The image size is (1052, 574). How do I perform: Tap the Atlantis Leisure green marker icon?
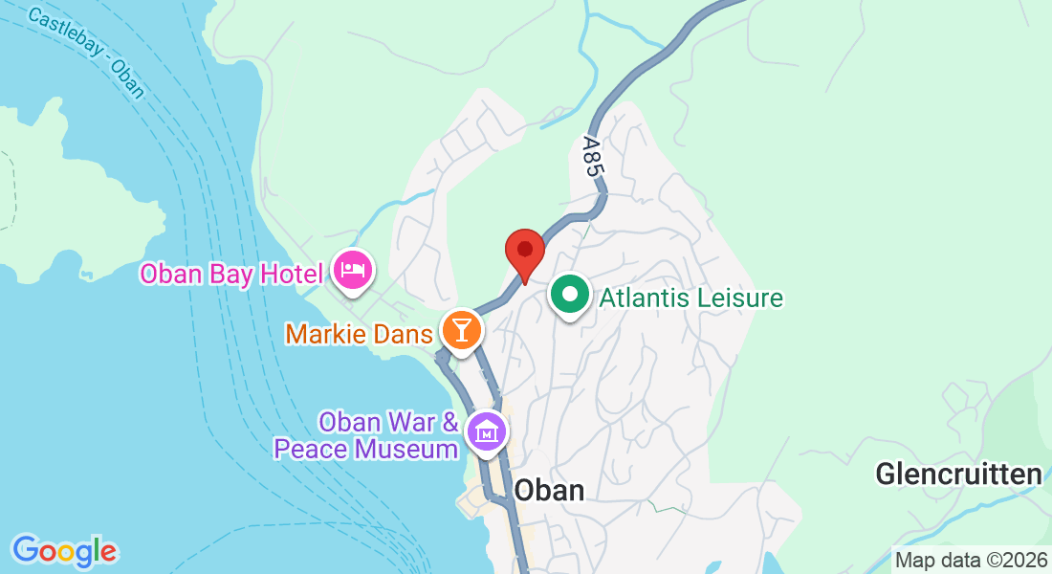pyautogui.click(x=571, y=296)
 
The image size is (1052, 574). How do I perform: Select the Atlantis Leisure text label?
pyautogui.click(x=690, y=298)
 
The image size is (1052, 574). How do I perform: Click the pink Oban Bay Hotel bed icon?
pyautogui.click(x=352, y=272)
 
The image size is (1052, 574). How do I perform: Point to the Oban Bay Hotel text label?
pyautogui.click(x=231, y=275)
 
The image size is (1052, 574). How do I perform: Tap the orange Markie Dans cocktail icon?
pyautogui.click(x=462, y=331)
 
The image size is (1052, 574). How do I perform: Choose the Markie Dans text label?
pyautogui.click(x=359, y=334)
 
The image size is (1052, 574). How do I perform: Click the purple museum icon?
pyautogui.click(x=487, y=430)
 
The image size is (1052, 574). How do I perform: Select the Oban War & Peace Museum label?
pyautogui.click(x=366, y=434)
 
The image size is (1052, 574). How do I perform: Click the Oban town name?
pyautogui.click(x=548, y=490)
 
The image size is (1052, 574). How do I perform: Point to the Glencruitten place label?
pyautogui.click(x=958, y=475)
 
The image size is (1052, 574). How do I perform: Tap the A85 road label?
pyautogui.click(x=592, y=157)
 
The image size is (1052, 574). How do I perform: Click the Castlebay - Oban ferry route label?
pyautogui.click(x=87, y=54)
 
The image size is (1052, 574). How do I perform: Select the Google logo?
pyautogui.click(x=64, y=551)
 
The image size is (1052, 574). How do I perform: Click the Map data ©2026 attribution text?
pyautogui.click(x=970, y=560)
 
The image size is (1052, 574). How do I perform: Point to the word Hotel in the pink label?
pyautogui.click(x=290, y=275)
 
